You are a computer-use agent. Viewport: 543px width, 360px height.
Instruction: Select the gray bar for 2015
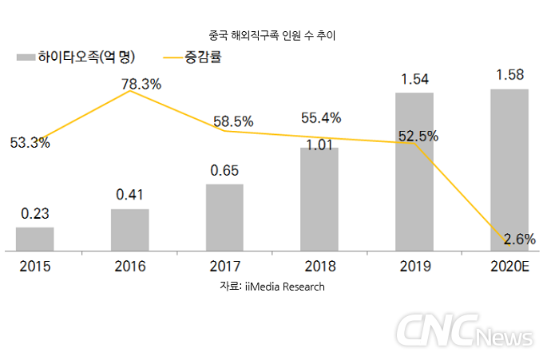(x=35, y=239)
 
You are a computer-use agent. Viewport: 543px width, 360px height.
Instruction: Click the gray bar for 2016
(x=130, y=230)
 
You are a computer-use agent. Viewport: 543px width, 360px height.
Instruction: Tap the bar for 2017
(x=224, y=217)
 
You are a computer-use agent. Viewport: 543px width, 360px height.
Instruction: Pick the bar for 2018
(x=319, y=199)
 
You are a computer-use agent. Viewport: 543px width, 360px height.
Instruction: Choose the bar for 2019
(x=414, y=172)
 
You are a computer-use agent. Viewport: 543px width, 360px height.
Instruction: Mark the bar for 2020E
(x=509, y=169)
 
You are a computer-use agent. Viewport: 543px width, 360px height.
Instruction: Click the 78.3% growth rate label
(x=141, y=84)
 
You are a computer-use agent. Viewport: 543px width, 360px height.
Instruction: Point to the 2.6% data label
(x=519, y=239)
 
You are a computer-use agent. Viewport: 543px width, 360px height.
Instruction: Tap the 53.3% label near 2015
(x=30, y=144)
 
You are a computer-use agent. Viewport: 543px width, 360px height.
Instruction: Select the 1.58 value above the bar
(x=509, y=76)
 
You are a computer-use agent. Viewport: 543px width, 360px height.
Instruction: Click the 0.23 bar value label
(x=35, y=214)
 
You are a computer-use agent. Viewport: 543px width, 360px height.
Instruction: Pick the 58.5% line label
(x=233, y=121)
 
